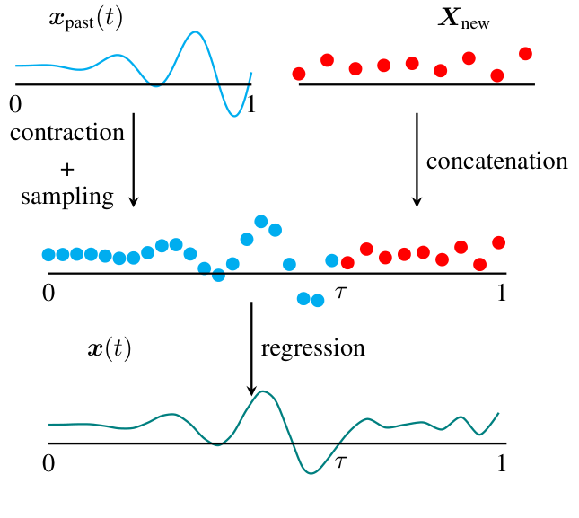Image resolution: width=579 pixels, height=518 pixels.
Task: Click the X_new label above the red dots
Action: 462,20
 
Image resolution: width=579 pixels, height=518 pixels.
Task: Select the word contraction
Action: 67,133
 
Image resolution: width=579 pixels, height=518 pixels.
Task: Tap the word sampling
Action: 67,197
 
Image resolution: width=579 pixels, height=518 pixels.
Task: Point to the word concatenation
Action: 496,162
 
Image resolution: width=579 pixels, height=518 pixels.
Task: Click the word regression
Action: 312,347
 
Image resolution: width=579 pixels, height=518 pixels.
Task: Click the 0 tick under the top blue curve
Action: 15,104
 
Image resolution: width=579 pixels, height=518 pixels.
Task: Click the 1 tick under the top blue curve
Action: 250,104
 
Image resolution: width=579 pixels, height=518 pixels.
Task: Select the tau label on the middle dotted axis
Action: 340,292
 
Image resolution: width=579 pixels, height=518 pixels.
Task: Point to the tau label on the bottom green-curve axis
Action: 340,462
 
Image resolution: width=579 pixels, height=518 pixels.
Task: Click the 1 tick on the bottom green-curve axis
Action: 502,463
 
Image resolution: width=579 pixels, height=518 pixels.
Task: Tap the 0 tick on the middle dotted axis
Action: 48,293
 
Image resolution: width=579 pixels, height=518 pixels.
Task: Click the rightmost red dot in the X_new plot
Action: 525,54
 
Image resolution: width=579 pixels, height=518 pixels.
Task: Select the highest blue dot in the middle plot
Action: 261,221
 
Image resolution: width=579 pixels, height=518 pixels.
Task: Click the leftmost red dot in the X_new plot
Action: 299,73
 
